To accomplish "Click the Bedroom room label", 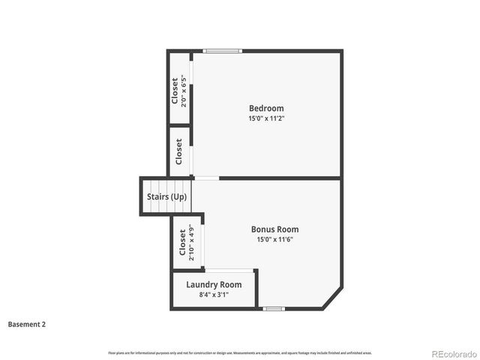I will tap(266, 108).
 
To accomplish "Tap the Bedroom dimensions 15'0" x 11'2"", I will tap(266, 118).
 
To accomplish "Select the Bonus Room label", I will tap(274, 229).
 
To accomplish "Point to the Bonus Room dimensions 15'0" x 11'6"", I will tap(274, 240).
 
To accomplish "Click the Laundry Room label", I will tap(214, 285).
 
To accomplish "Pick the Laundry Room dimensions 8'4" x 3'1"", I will tap(214, 295).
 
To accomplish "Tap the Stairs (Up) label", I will tap(166, 197).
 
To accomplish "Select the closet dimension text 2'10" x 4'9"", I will tap(191, 242).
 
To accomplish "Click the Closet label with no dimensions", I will tap(178, 152).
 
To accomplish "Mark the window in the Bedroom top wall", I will tap(223, 51).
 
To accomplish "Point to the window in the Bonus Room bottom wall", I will tap(274, 308).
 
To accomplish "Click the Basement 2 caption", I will tap(27, 325).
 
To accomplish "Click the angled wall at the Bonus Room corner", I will tap(333, 298).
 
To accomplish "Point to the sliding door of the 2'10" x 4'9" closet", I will tap(202, 242).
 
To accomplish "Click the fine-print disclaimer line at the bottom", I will tap(240, 352).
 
